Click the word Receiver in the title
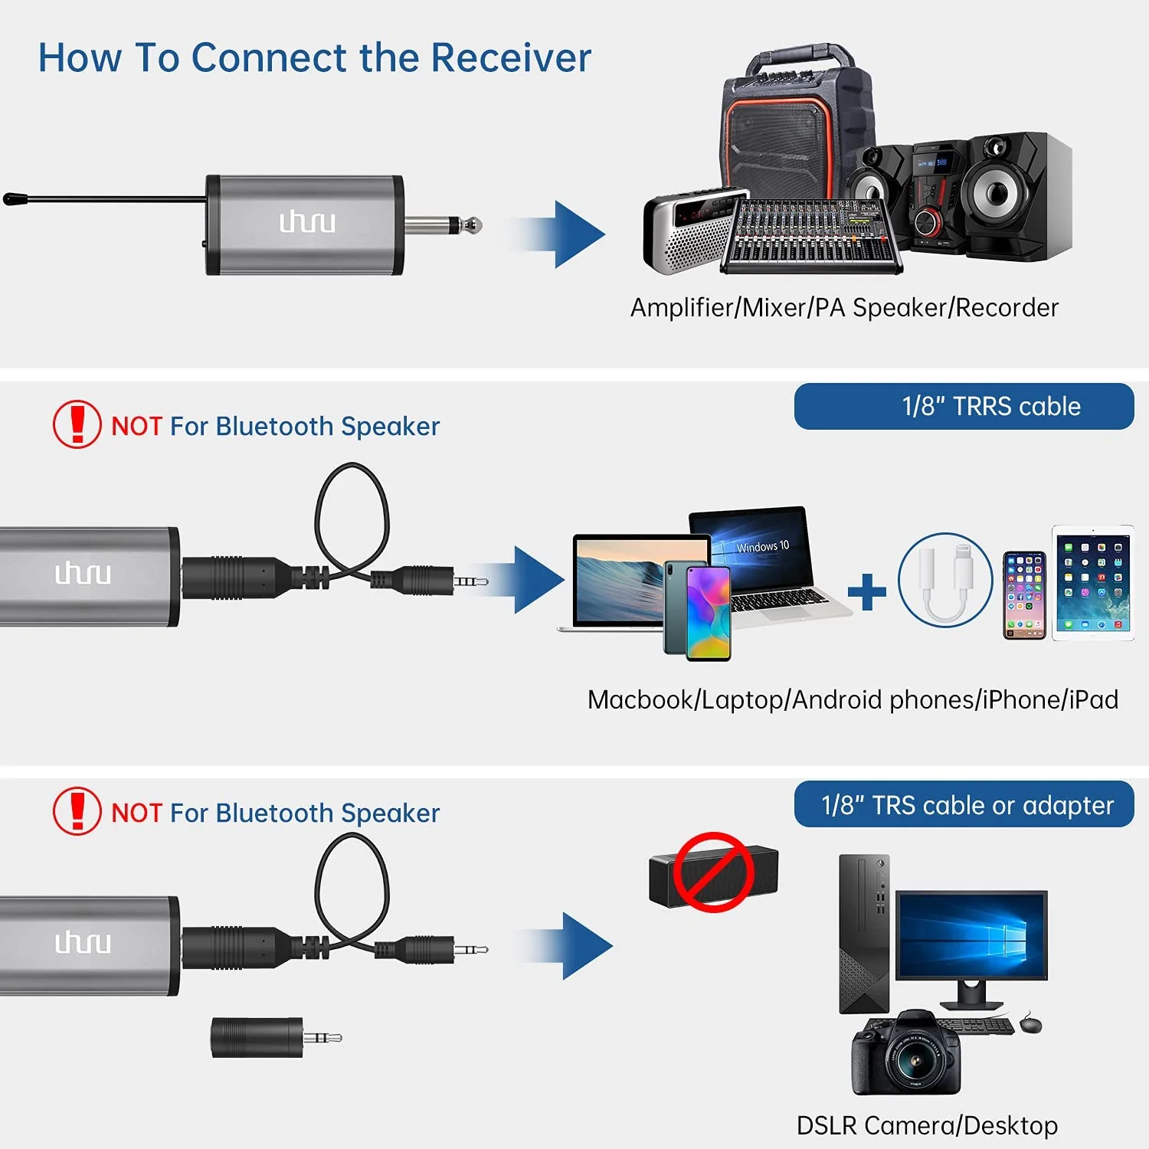[x=511, y=57]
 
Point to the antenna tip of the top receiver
[x=9, y=199]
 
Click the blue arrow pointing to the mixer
[x=557, y=234]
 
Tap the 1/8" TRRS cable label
[x=991, y=406]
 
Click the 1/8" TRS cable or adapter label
[x=967, y=805]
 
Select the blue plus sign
[x=867, y=591]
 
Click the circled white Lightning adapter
[x=945, y=580]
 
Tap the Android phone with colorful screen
[x=697, y=610]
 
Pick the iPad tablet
[x=1092, y=582]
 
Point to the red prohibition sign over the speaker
[x=713, y=872]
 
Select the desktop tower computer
[x=865, y=933]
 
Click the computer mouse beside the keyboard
[x=1030, y=1023]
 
